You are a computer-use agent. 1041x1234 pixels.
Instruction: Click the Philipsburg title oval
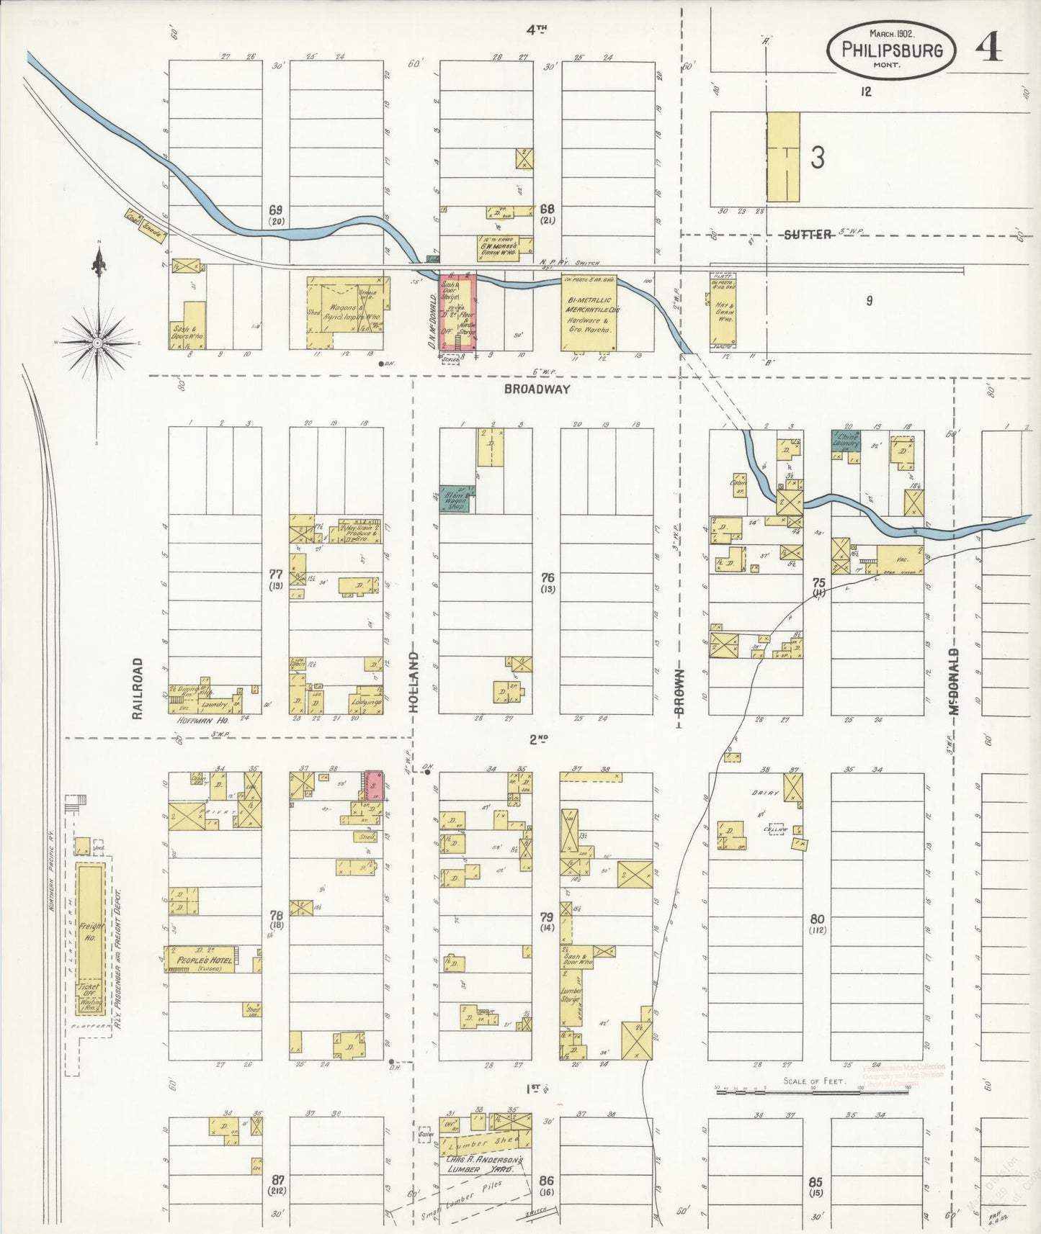[x=891, y=50]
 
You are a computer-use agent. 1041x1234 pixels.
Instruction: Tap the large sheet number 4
[x=988, y=48]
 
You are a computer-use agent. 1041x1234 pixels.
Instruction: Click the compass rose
[x=97, y=343]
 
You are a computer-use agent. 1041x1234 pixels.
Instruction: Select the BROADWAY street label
[x=537, y=389]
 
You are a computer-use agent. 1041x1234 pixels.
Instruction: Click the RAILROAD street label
[x=138, y=688]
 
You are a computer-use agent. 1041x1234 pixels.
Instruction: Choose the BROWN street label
[x=679, y=691]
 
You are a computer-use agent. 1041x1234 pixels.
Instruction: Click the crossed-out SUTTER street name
[x=808, y=235]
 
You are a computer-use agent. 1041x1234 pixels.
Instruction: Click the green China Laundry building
[x=846, y=441]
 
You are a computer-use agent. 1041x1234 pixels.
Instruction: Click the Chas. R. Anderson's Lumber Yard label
[x=483, y=1165]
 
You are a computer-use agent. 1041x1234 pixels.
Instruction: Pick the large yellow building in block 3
[x=782, y=156]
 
